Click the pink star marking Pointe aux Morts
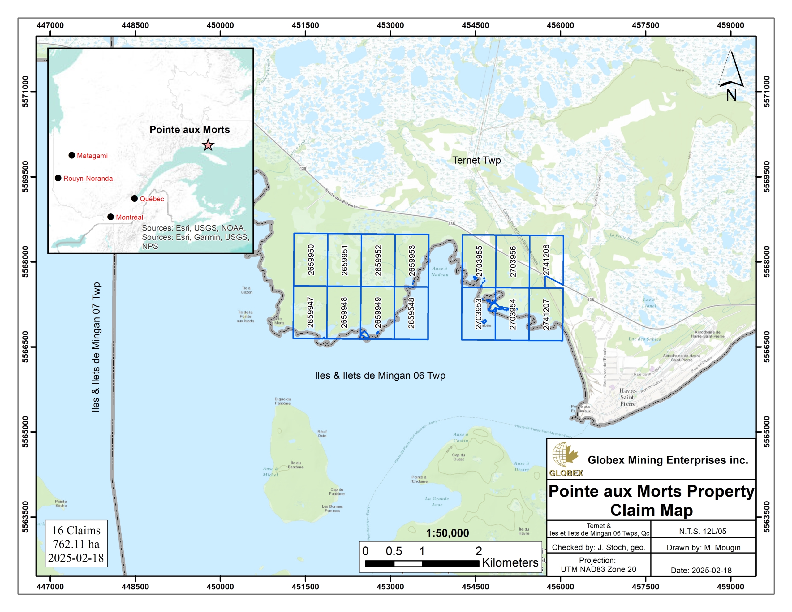(x=208, y=145)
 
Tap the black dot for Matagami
(x=72, y=155)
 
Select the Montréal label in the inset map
(x=129, y=217)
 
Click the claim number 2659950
(x=311, y=260)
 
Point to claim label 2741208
(x=546, y=260)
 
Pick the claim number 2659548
(x=411, y=313)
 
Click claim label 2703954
(x=512, y=314)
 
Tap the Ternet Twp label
(x=476, y=160)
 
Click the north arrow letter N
(x=731, y=95)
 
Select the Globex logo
(x=565, y=459)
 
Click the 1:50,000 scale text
(x=447, y=533)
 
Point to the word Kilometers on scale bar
(x=510, y=563)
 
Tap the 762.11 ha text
(x=76, y=544)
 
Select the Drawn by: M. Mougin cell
(x=703, y=547)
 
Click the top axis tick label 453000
(x=390, y=25)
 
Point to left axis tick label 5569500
(x=25, y=177)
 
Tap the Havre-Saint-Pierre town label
(x=627, y=397)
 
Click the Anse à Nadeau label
(x=440, y=272)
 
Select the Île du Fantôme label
(x=295, y=465)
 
